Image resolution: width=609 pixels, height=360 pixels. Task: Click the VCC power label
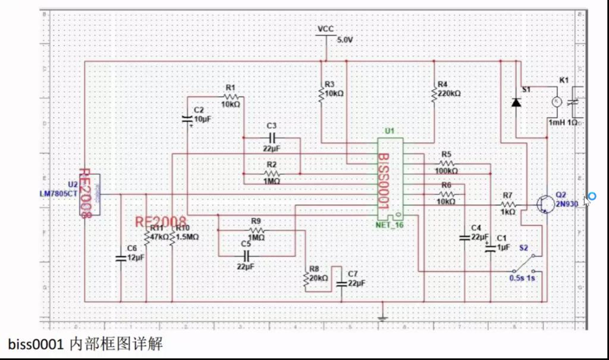click(325, 29)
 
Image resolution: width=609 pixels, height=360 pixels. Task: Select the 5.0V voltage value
click(345, 40)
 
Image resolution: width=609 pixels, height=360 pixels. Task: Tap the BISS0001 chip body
click(390, 179)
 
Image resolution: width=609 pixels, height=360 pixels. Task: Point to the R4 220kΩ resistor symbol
click(434, 93)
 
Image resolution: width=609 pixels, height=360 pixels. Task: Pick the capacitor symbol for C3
click(271, 137)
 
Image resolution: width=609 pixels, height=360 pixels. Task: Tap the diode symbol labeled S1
click(515, 102)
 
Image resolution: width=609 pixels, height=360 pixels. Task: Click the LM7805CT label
click(58, 193)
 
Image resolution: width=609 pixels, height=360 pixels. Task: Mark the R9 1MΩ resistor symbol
click(256, 230)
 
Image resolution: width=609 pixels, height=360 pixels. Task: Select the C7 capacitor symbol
click(341, 283)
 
